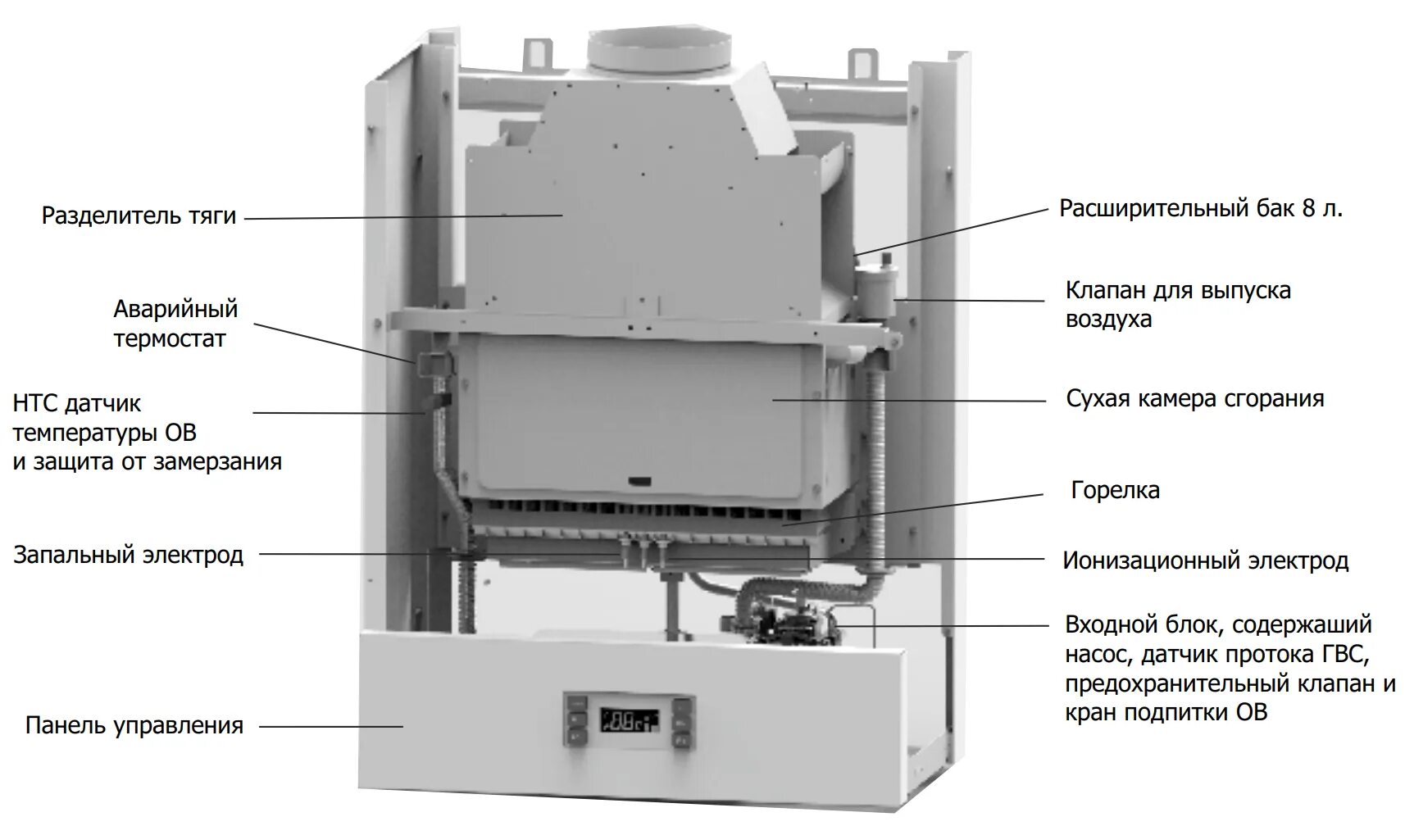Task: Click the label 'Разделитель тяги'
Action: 139,216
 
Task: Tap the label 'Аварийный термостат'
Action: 175,324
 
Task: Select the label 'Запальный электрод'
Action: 128,555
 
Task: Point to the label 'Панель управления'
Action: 134,726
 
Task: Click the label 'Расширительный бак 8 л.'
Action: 1201,209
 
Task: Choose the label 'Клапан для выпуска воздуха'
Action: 1178,304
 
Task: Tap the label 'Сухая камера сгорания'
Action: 1194,399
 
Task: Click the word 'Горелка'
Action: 1115,491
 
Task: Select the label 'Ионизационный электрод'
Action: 1205,561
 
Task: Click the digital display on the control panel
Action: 629,720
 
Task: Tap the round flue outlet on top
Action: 658,50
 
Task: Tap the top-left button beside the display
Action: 577,703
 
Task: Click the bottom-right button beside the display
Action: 682,740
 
